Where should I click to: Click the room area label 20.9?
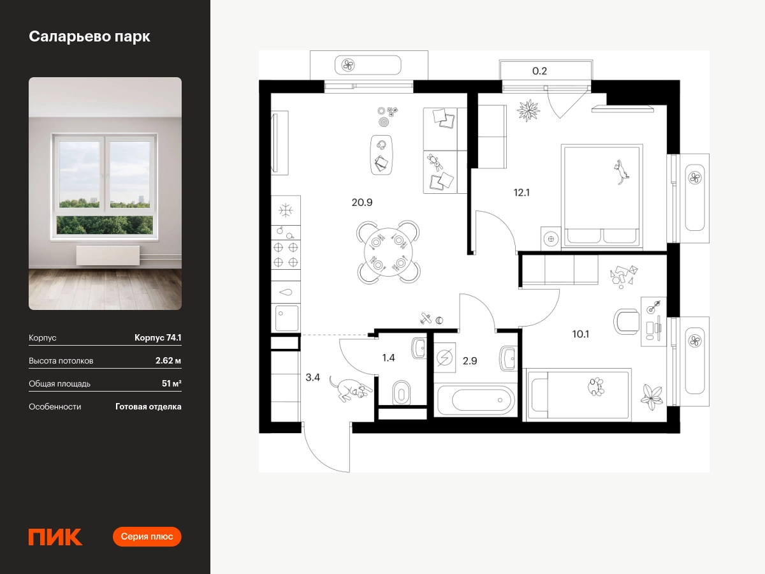click(361, 202)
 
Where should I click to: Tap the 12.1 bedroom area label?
click(521, 193)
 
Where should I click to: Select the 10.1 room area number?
click(580, 334)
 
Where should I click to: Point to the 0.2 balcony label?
click(539, 71)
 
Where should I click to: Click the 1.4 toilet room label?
click(388, 358)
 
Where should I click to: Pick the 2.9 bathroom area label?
click(470, 361)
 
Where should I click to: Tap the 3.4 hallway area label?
click(312, 377)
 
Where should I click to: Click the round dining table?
click(388, 252)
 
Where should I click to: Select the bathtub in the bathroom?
click(476, 399)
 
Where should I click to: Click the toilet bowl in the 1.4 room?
click(401, 393)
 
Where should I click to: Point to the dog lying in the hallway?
click(350, 390)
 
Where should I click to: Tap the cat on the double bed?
click(621, 172)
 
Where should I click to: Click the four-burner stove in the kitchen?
click(286, 254)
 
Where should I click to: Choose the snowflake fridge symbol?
click(286, 210)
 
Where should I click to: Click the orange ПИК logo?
click(55, 537)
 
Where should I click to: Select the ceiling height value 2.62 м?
click(168, 360)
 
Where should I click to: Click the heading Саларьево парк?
click(90, 36)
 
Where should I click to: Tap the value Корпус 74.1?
click(158, 337)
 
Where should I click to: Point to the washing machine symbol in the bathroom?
click(445, 358)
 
